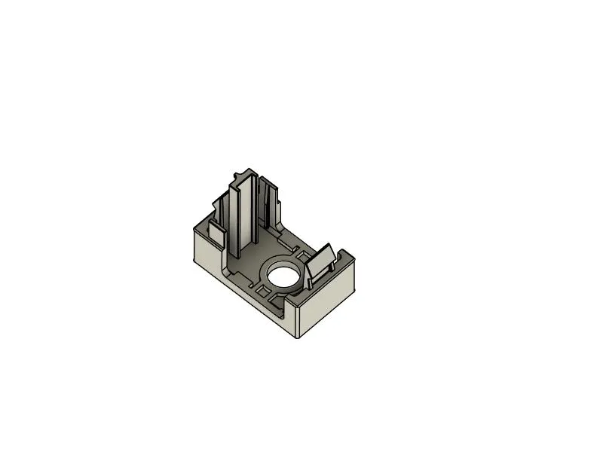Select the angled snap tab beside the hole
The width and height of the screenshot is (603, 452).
coord(323,260)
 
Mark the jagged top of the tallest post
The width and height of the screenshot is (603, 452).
coord(243,176)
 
